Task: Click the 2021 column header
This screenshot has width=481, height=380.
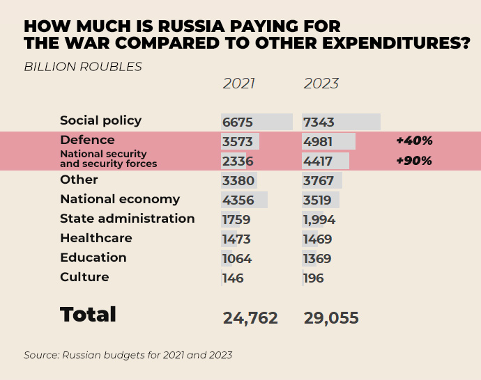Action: [x=238, y=84]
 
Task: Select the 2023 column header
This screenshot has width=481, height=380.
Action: [x=321, y=84]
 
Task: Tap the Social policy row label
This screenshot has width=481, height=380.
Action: [x=100, y=120]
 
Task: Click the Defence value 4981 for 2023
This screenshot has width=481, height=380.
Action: [x=318, y=142]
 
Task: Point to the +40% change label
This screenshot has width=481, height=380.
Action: [x=414, y=141]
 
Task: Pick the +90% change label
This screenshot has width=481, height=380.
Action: [x=414, y=161]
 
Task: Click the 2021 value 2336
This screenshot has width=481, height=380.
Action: [x=237, y=161]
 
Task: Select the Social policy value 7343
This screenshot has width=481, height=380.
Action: [x=319, y=122]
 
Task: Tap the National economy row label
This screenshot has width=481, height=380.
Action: [x=120, y=199]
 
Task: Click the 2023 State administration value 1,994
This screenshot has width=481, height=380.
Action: [x=319, y=220]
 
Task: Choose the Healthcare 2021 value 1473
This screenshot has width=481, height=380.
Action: [x=236, y=239]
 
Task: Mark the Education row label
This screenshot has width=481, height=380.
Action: [x=93, y=258]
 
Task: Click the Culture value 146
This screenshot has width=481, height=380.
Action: [x=233, y=278]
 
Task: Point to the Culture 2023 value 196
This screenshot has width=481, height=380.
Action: [x=314, y=278]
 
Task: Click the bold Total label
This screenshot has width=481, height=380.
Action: [x=88, y=314]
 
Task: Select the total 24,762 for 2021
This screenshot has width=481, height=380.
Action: [x=250, y=318]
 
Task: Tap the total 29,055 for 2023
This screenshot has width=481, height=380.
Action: [x=331, y=318]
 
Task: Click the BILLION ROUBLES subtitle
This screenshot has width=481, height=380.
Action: [x=83, y=67]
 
